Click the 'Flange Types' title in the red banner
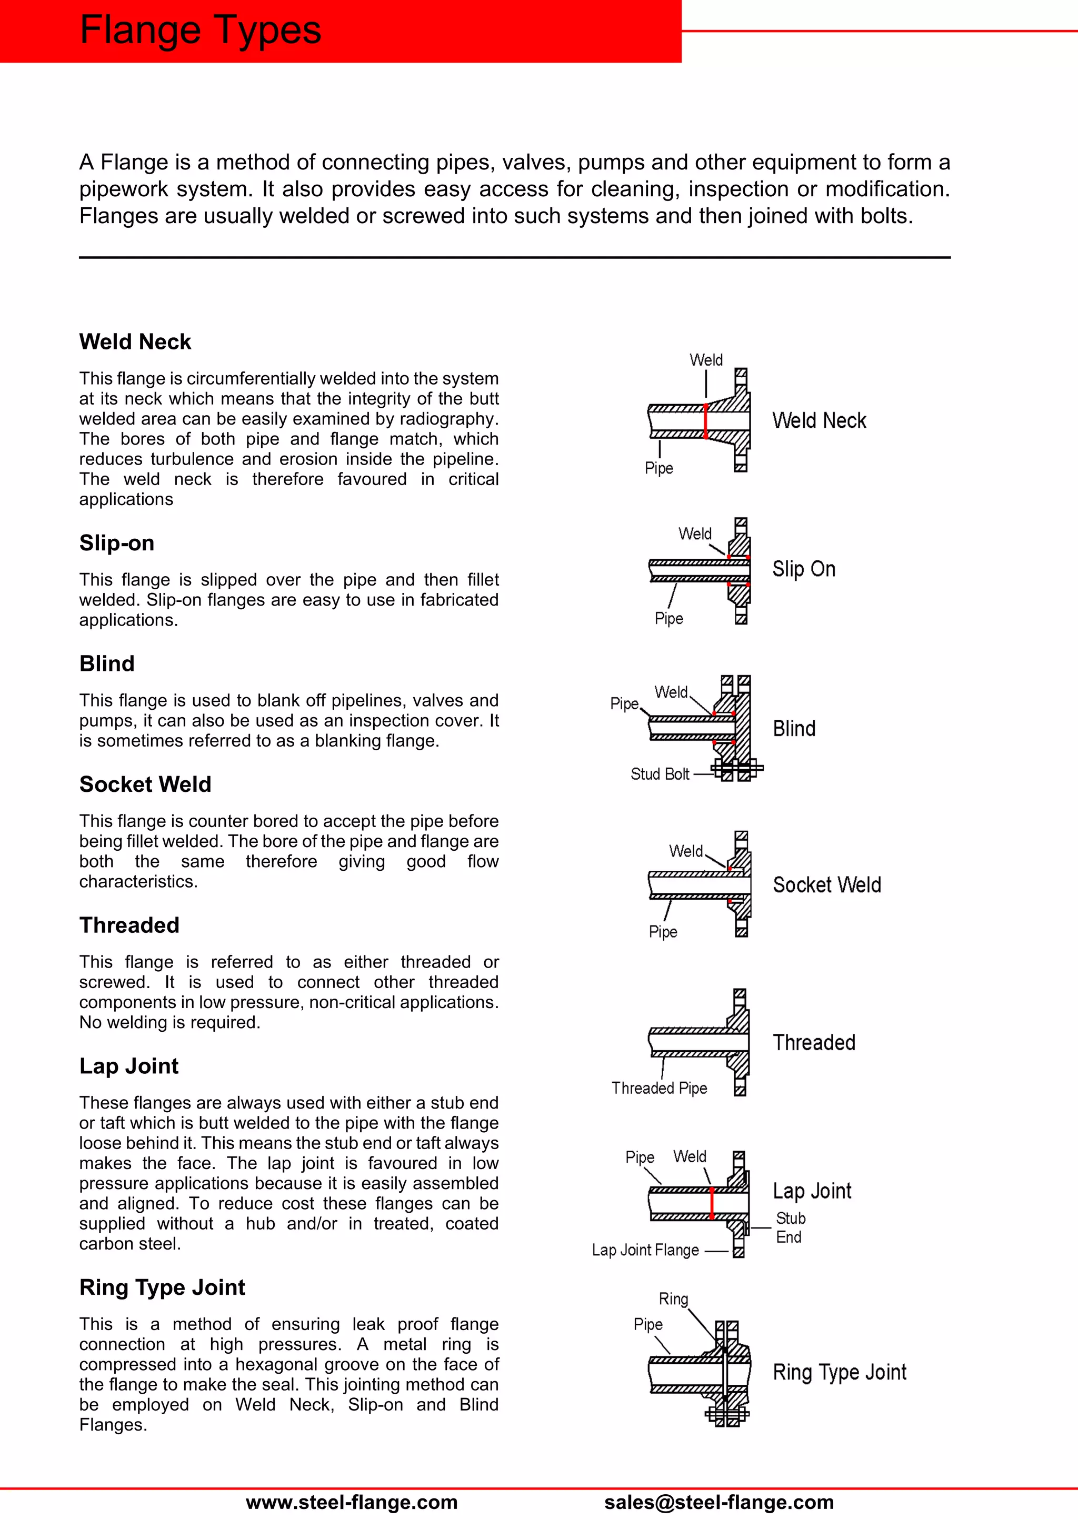pyautogui.click(x=200, y=31)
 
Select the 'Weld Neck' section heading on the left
pyautogui.click(x=135, y=341)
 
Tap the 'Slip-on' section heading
pyautogui.click(x=117, y=543)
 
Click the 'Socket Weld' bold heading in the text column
pyautogui.click(x=145, y=784)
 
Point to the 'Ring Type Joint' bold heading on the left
pyautogui.click(x=162, y=1287)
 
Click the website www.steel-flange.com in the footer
pyautogui.click(x=352, y=1502)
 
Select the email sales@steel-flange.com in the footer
pyautogui.click(x=719, y=1502)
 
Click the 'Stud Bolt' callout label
pyautogui.click(x=660, y=774)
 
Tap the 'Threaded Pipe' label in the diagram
pyautogui.click(x=659, y=1088)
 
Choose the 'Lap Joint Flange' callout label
pyautogui.click(x=645, y=1250)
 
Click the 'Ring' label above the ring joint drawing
pyautogui.click(x=673, y=1299)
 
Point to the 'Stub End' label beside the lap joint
pyautogui.click(x=790, y=1227)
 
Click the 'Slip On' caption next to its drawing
pyautogui.click(x=804, y=569)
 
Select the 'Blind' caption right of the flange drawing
pyautogui.click(x=794, y=729)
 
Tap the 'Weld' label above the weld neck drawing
pyautogui.click(x=706, y=360)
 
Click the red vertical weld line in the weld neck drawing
pyautogui.click(x=706, y=421)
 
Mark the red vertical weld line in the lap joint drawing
pyautogui.click(x=712, y=1203)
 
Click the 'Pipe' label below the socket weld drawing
pyautogui.click(x=663, y=931)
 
